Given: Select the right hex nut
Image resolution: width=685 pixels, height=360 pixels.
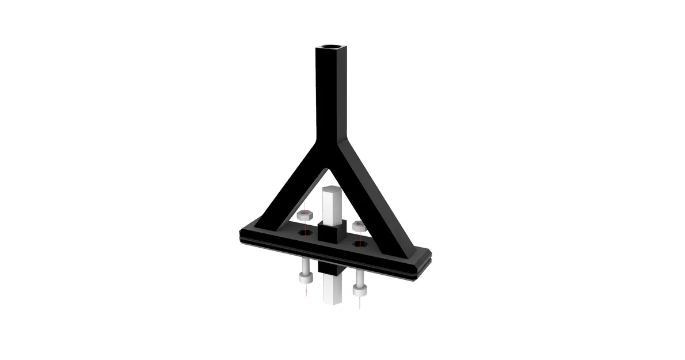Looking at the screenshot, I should coord(359,225).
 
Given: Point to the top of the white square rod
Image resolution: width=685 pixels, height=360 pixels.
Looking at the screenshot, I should coord(332,190).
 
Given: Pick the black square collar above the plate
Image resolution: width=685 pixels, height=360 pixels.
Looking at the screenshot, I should coord(332,233).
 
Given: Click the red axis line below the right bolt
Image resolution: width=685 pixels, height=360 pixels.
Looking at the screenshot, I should coord(360,302).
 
